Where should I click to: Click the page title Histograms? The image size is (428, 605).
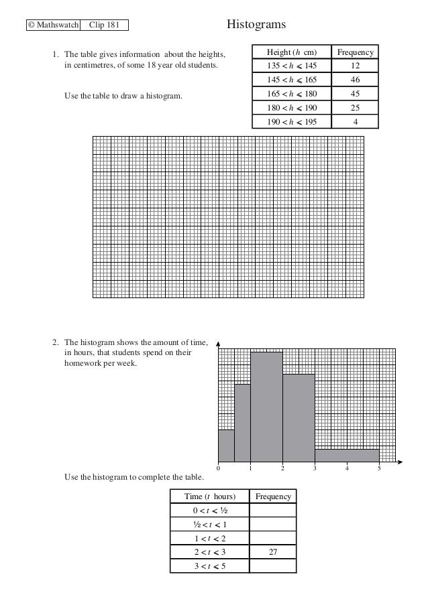[x=256, y=25]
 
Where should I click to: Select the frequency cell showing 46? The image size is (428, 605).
[x=355, y=80]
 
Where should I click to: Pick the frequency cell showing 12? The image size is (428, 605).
[x=355, y=66]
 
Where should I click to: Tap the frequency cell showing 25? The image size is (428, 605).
[x=355, y=107]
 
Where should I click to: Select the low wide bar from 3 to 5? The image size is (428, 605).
[x=347, y=456]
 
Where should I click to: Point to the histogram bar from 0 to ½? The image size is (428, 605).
[x=226, y=446]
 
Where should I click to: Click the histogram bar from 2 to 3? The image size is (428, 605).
[x=299, y=418]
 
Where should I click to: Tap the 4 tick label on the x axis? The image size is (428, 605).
[x=347, y=468]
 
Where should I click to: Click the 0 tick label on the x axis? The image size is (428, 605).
[x=218, y=468]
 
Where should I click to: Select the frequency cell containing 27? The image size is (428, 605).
[x=272, y=552]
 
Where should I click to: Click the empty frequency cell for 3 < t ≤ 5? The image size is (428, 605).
[x=272, y=566]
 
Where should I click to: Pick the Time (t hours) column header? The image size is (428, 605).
[x=210, y=496]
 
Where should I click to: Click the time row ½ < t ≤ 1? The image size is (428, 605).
[x=210, y=524]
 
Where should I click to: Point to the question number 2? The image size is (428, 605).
[x=56, y=343]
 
